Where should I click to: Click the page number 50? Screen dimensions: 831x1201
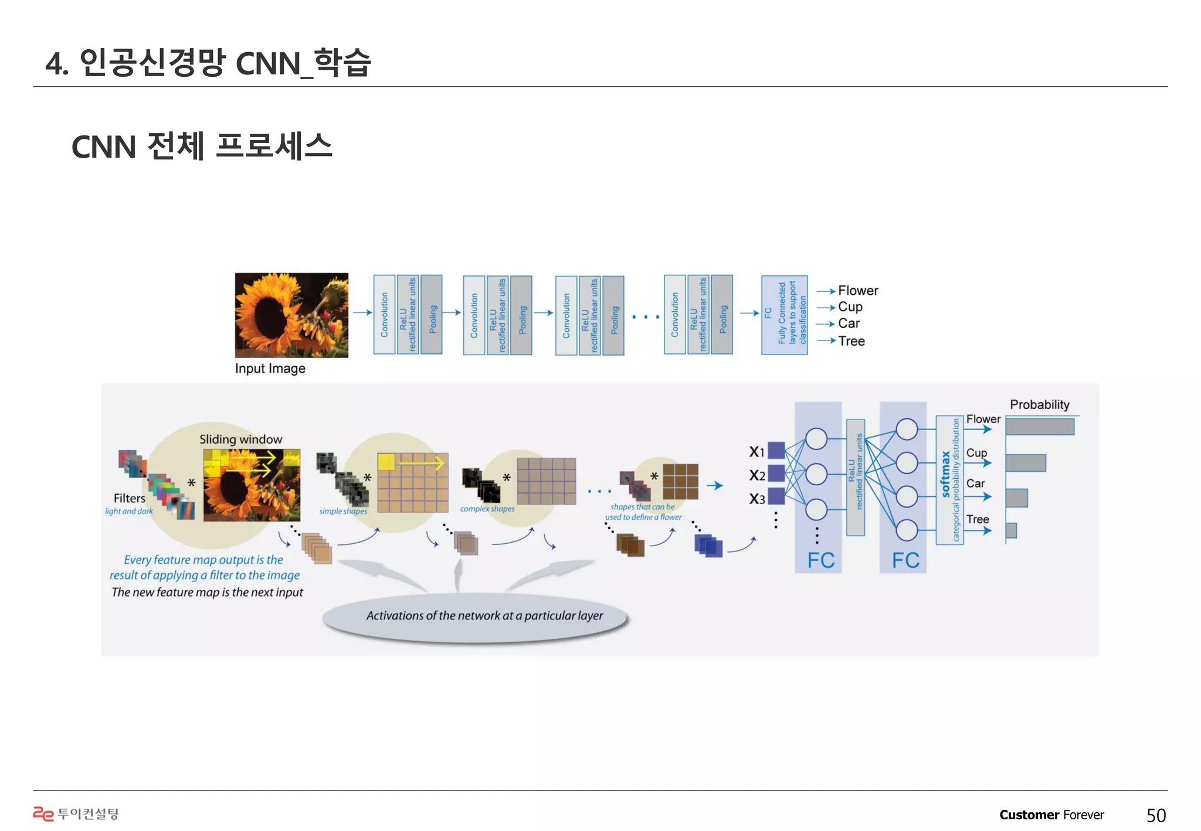click(1156, 815)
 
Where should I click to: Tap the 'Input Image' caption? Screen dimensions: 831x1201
click(270, 369)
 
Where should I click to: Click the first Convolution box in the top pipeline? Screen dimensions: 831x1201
click(384, 315)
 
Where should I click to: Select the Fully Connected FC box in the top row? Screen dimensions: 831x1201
click(784, 315)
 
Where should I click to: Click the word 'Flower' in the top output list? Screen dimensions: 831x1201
click(857, 291)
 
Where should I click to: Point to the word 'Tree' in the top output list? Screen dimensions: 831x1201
click(851, 341)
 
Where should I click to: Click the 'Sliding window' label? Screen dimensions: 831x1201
click(240, 439)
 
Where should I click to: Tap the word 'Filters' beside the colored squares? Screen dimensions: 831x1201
click(129, 498)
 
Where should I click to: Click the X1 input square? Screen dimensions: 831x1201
click(776, 450)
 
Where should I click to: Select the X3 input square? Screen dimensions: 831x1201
click(776, 496)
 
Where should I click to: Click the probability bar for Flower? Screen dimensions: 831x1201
click(1039, 427)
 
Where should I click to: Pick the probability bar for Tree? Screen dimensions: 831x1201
click(1011, 530)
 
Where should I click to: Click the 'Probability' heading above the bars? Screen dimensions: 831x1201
click(1039, 404)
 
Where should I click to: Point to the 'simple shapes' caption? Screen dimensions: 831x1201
click(343, 511)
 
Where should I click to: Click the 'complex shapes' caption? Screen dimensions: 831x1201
click(487, 509)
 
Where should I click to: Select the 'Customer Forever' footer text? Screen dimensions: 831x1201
click(1051, 815)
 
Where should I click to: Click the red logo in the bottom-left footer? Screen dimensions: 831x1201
click(43, 813)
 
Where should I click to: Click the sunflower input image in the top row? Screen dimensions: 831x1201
click(291, 315)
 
